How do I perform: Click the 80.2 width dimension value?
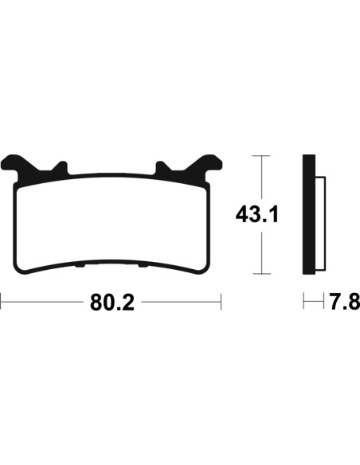pos(112,303)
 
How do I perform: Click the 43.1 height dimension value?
pos(256,215)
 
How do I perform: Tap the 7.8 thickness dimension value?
pos(345,302)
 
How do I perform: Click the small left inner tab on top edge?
pos(61,167)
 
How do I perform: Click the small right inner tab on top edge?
pos(162,167)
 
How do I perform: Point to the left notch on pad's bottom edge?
pos(80,266)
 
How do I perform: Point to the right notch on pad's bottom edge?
pos(143,266)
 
